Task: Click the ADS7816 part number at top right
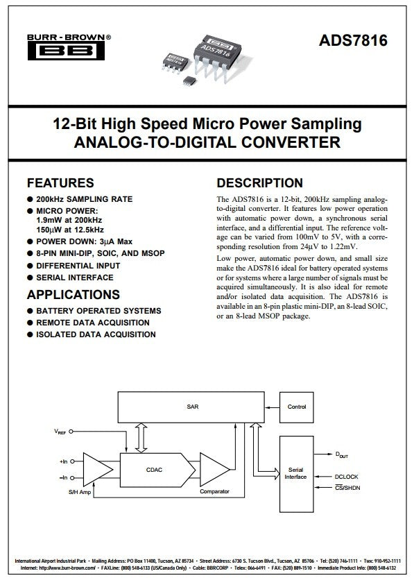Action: [x=353, y=40]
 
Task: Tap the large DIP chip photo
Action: [x=218, y=56]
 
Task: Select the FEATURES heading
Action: [x=60, y=183]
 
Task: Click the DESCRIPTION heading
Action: [x=259, y=183]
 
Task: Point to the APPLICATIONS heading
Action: [x=74, y=294]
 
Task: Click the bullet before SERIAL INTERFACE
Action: [x=30, y=278]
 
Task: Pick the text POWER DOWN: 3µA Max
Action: [x=84, y=241]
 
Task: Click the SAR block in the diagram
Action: [x=191, y=407]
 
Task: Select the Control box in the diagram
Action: [x=297, y=407]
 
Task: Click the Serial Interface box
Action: [x=297, y=474]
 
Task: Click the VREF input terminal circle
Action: [x=71, y=432]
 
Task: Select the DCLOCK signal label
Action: [x=346, y=477]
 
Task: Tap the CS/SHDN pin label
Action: [x=347, y=488]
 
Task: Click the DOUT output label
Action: [x=341, y=455]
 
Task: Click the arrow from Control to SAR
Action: [x=273, y=407]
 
